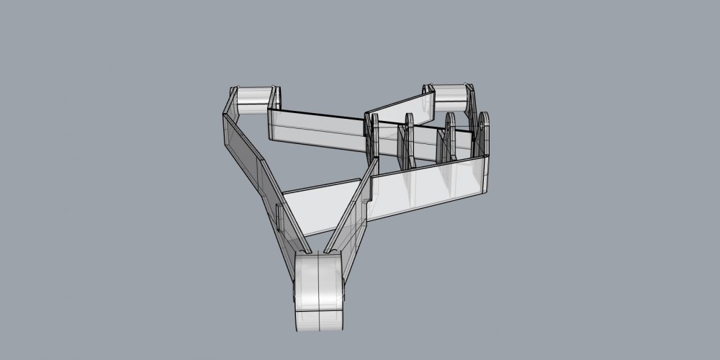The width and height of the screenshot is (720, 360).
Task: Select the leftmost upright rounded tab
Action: [x=372, y=137]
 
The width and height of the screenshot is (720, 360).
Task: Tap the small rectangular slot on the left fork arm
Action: [x=278, y=216]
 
